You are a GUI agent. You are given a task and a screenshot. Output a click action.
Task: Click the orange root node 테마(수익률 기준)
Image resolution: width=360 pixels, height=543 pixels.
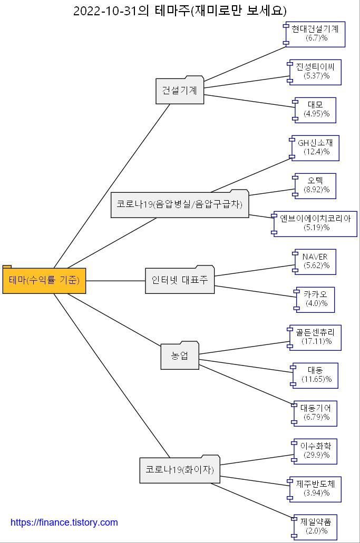[x=44, y=281]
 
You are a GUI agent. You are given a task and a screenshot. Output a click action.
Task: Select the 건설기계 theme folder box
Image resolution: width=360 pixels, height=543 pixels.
[x=180, y=91]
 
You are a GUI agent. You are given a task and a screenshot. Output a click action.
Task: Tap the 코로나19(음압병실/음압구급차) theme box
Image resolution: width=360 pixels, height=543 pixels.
[x=179, y=204]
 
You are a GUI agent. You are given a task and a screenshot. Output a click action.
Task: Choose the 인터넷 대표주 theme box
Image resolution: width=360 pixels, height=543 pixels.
[x=180, y=280]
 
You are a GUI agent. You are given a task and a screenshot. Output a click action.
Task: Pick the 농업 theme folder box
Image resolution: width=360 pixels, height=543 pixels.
[x=180, y=356]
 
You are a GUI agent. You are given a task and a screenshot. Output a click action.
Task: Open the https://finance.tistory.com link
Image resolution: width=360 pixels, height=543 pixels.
[x=64, y=522]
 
